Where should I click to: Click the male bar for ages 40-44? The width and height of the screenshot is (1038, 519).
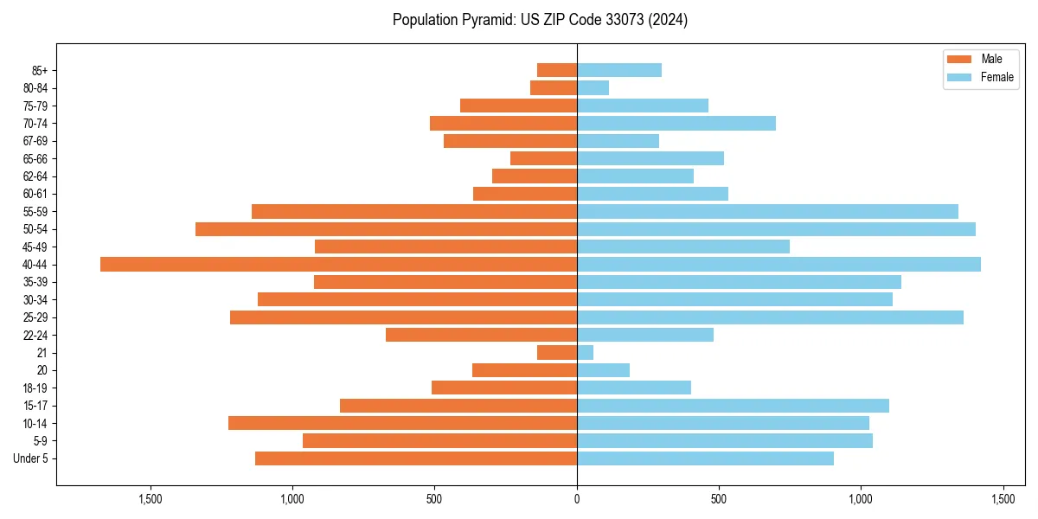(x=338, y=265)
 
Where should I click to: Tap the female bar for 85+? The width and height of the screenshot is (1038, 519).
(x=619, y=70)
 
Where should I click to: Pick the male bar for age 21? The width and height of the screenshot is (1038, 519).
(x=557, y=353)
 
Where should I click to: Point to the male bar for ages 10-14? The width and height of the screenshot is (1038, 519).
(x=402, y=423)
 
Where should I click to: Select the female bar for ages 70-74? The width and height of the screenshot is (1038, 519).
(x=676, y=123)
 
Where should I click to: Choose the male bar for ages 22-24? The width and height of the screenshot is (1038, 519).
(x=481, y=335)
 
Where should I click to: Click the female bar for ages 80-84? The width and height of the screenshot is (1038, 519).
(x=593, y=87)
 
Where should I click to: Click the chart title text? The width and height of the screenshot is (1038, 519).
(x=540, y=20)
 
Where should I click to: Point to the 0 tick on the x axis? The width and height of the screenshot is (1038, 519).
(x=577, y=499)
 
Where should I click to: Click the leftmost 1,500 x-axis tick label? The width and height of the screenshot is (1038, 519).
(x=151, y=499)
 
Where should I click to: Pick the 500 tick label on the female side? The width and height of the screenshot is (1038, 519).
(x=719, y=499)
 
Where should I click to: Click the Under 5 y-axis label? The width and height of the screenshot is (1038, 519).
(x=31, y=458)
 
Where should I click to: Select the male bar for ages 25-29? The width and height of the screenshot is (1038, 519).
(x=403, y=317)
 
